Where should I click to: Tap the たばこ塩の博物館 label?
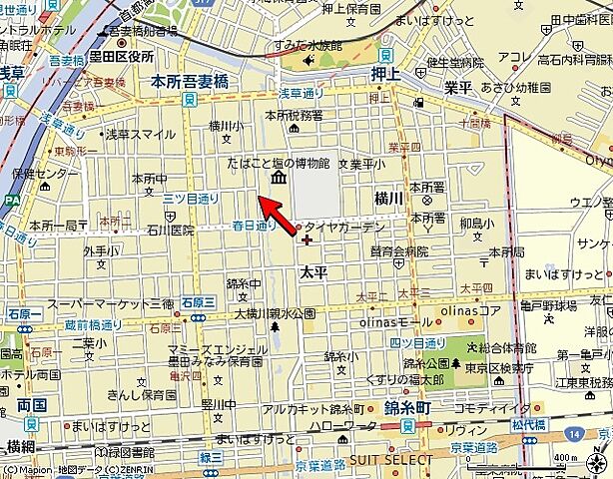point(278,163)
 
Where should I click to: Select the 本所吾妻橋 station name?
point(189,83)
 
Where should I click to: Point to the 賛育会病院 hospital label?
point(398,251)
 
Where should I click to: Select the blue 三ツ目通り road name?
point(191,199)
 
